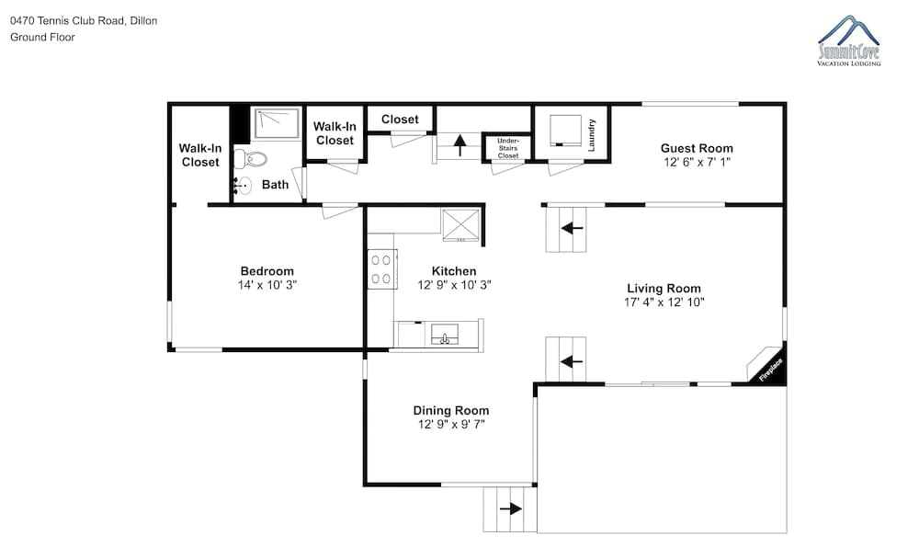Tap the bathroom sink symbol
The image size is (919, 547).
(x=242, y=186)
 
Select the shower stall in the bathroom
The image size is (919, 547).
(x=277, y=122)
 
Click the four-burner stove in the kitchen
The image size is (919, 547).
(x=382, y=269)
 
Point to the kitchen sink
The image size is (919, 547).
(x=445, y=335)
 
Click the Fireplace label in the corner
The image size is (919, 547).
(x=771, y=370)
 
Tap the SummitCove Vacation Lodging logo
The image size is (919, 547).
(x=849, y=41)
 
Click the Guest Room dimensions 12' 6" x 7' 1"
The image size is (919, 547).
(x=697, y=163)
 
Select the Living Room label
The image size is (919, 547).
(x=664, y=289)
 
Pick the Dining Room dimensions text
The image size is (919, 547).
(x=451, y=425)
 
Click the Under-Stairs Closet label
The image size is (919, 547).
(x=508, y=148)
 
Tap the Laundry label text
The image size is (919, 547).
(x=591, y=135)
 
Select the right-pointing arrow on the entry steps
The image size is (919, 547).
(x=510, y=508)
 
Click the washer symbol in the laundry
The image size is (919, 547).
(x=565, y=131)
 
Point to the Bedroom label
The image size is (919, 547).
(x=267, y=271)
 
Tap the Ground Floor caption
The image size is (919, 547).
(x=42, y=37)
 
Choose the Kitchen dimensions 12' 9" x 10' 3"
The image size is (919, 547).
(x=454, y=286)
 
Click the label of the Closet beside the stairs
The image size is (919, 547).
(x=401, y=119)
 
